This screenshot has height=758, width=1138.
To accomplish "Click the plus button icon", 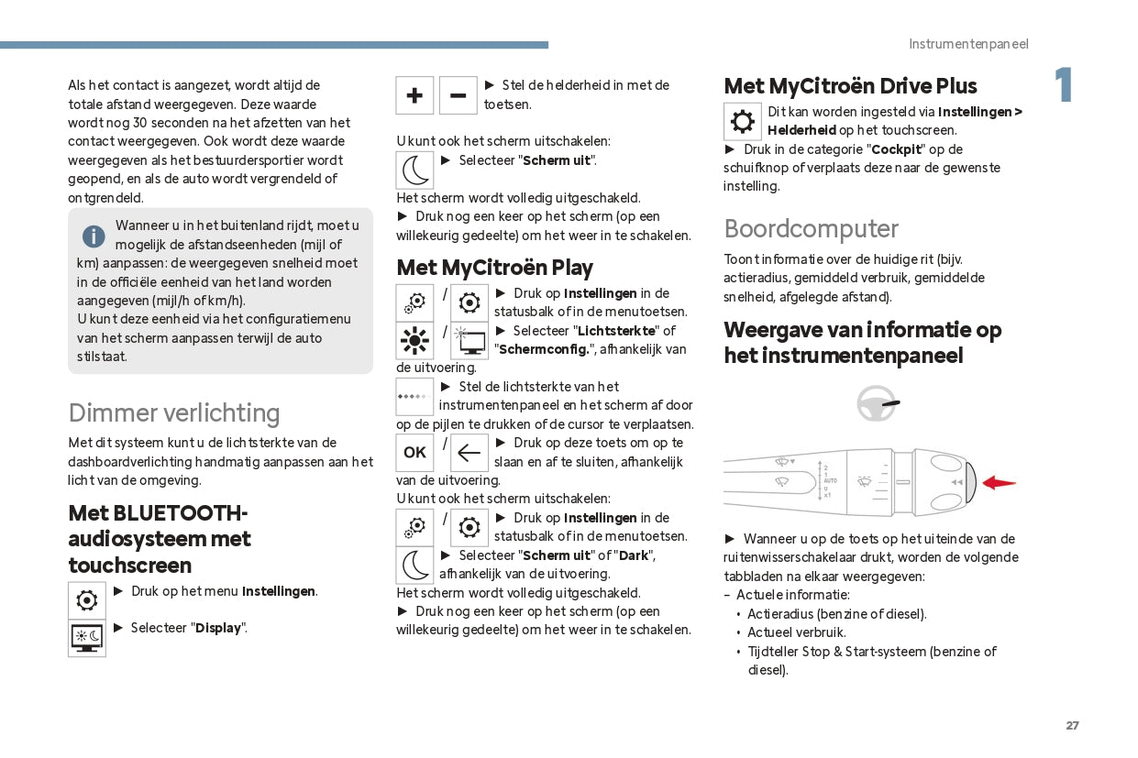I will pos(414,95).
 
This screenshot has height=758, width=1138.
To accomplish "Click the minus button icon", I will pos(459,95).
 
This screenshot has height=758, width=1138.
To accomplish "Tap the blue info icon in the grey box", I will pos(94,236).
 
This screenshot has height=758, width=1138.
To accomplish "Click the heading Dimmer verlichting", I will pos(174,412).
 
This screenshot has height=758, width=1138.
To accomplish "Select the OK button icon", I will pos(414,453).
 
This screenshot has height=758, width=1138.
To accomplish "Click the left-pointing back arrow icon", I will pos(470,453).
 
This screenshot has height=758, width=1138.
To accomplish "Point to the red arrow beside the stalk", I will pos(999,482).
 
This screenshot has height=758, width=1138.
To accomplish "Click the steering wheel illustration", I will pos(877,403).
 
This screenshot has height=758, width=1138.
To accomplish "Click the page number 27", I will pos(1072,725).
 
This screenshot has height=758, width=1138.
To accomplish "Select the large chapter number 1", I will pos(1063,86).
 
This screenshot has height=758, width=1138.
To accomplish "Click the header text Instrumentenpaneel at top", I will pos(968,44).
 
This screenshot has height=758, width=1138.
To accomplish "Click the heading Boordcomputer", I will pos(811,228).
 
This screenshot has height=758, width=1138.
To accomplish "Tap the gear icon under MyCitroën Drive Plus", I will pos(742,121).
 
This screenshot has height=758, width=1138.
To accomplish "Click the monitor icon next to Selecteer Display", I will pos(87,638).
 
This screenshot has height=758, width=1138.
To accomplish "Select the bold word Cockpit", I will pos(896,148).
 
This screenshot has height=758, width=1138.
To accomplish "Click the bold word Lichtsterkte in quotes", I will pos(616,331).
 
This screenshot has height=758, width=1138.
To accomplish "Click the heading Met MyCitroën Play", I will pos(494,268).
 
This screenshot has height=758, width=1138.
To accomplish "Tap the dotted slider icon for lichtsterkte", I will pos(414,397).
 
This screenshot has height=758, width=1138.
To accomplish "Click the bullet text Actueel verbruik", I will pos(796,632).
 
